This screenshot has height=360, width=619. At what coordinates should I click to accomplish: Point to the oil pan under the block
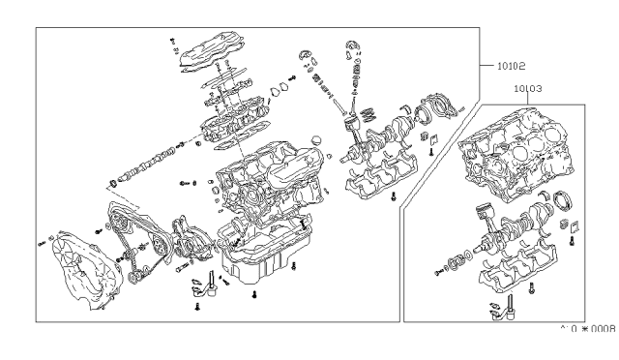tap(257, 252)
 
